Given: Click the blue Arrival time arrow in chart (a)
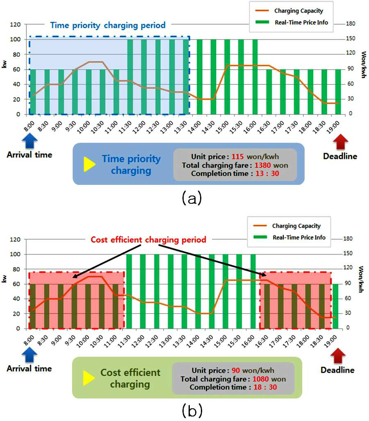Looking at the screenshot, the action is tap(30, 141).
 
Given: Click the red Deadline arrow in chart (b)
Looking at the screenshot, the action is tap(338, 356).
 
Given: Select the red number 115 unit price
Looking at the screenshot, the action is tap(238, 157).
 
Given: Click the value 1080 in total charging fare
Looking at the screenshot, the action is tap(260, 379).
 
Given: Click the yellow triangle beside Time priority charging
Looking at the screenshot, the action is tap(90, 164).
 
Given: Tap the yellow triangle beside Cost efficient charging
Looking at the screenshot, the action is tap(89, 378).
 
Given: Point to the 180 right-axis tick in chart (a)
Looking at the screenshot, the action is tap(351, 24).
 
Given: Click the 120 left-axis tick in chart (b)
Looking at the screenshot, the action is tap(15, 239).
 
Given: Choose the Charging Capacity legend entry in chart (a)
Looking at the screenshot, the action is tap(289, 11).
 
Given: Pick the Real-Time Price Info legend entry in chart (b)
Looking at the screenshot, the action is tap(289, 237).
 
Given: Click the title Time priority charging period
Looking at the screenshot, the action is tap(108, 25).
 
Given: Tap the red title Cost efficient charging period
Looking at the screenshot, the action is tap(148, 239).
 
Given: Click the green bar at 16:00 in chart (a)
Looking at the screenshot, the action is tap(255, 77).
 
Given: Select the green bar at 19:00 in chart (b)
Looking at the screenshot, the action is tap(335, 306).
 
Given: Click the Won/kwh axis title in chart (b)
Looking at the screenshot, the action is tap(361, 279).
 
